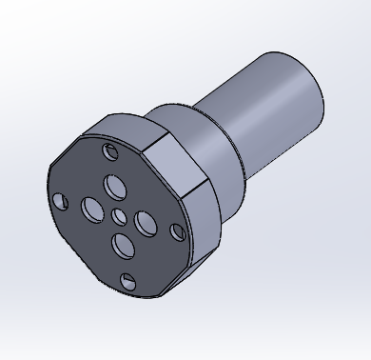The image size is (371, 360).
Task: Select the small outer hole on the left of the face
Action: coord(61,201)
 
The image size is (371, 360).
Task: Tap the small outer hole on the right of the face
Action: coord(177,231)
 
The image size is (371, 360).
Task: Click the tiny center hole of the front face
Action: coord(120,217)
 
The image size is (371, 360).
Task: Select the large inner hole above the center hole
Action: coord(114,184)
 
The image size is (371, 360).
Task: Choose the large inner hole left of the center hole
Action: coord(92,207)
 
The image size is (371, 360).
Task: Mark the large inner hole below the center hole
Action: coord(123,247)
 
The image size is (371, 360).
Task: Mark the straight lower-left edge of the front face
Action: coord(71,248)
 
